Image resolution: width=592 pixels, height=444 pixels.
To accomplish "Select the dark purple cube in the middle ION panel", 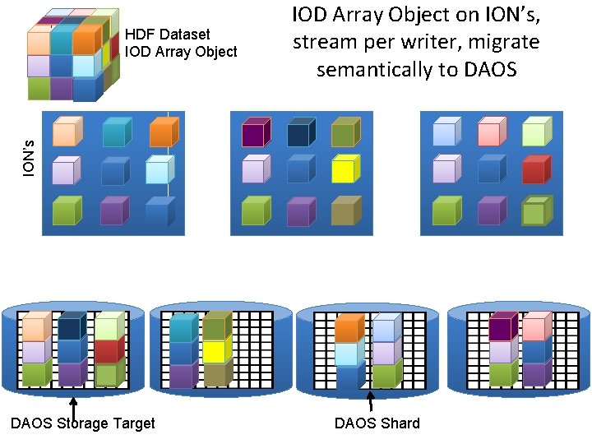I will click(254, 132).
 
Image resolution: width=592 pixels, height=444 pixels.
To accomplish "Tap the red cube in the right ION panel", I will click(534, 170).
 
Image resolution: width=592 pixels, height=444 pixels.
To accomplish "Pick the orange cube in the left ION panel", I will click(161, 132).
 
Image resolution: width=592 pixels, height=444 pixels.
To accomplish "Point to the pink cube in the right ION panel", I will click(489, 132).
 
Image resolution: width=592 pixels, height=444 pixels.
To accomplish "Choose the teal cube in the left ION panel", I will click(114, 132).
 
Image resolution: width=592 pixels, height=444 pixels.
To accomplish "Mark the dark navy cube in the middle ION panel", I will click(298, 132).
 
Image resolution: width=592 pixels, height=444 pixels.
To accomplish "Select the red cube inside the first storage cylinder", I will click(107, 351).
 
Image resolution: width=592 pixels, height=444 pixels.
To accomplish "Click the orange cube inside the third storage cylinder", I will click(348, 329).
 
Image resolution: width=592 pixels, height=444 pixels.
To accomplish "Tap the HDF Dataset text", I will click(168, 35).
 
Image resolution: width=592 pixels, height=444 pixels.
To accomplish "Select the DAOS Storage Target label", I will click(81, 423).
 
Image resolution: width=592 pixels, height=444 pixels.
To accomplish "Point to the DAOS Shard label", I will click(377, 423).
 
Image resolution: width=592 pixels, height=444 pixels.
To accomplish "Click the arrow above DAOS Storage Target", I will click(73, 407).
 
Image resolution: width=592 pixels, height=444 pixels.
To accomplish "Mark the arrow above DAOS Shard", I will click(370, 400).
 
